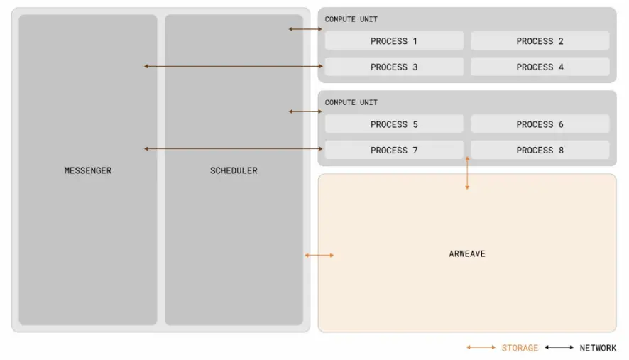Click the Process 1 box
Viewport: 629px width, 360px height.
394,41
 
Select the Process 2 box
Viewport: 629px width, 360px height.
540,41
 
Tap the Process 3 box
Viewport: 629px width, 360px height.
394,67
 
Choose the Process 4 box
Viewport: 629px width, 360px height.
540,67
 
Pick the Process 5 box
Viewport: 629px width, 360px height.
394,124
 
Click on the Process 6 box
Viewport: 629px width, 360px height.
540,124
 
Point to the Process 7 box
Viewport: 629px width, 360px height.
394,150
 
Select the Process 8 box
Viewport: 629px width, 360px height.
540,150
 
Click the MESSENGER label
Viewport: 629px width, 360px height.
88,170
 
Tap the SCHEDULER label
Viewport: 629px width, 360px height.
234,170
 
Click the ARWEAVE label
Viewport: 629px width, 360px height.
467,253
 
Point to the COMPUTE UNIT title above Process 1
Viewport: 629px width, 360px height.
351,19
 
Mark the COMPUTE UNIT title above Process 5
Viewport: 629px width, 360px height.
351,102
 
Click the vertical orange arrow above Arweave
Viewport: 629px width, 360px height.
467,174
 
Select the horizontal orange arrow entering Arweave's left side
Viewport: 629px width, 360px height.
319,255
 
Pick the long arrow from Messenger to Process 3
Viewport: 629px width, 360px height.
234,66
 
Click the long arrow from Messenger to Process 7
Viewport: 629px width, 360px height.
234,148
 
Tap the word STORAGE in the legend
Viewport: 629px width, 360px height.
520,348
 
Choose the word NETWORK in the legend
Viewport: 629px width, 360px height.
598,348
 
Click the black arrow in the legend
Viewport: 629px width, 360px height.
559,348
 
